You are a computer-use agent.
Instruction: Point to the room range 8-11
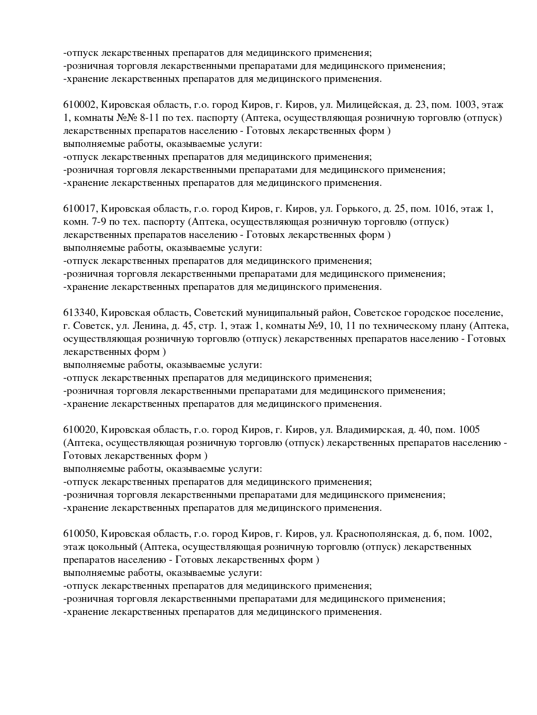pyautogui.click(x=138, y=118)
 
